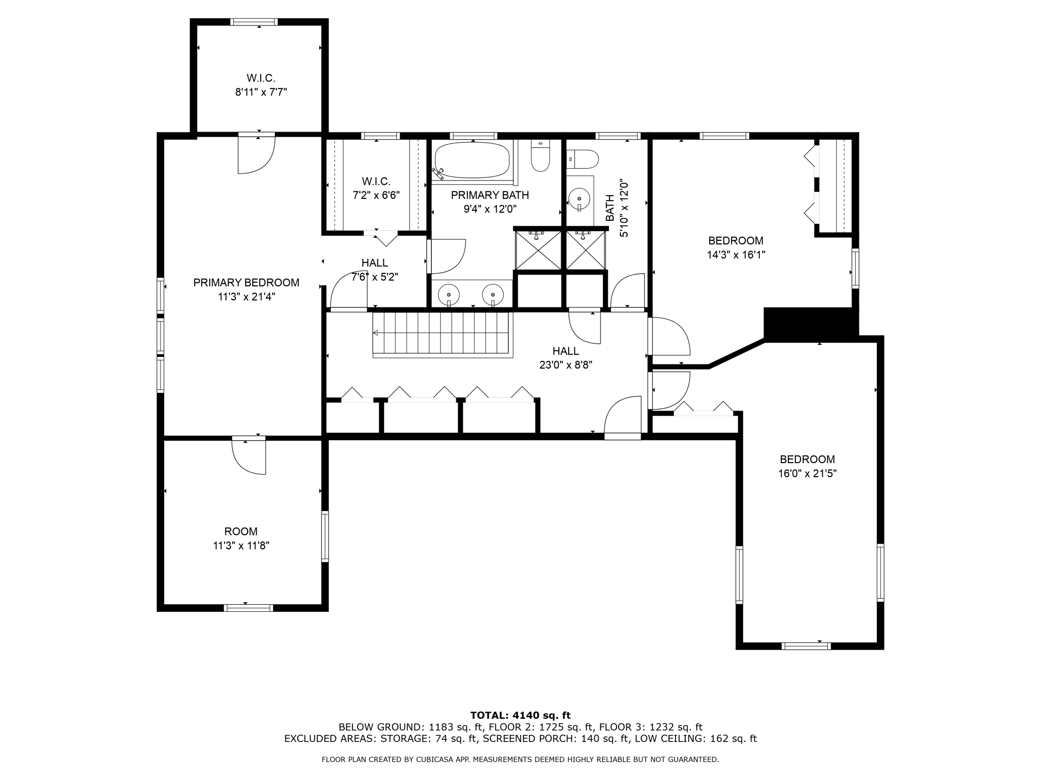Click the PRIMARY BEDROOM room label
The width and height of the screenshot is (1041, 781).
pyautogui.click(x=246, y=283)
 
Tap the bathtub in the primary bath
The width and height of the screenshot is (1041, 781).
pyautogui.click(x=472, y=160)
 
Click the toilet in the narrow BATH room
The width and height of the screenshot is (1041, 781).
pyautogui.click(x=583, y=160)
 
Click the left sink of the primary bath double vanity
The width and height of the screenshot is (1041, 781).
pyautogui.click(x=449, y=295)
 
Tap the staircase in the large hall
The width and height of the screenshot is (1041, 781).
pyautogui.click(x=442, y=334)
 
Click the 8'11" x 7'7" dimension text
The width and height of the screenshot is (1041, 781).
pyautogui.click(x=261, y=92)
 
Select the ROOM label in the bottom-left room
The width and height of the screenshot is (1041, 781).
pyautogui.click(x=241, y=531)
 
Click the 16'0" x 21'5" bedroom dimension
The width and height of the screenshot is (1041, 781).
pyautogui.click(x=807, y=473)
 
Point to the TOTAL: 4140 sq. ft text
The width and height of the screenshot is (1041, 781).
pyautogui.click(x=520, y=715)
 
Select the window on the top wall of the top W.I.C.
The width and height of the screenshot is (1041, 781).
pyautogui.click(x=254, y=22)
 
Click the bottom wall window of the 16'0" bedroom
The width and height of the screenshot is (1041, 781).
pyautogui.click(x=806, y=646)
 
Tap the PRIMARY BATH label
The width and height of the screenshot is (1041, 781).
pyautogui.click(x=489, y=195)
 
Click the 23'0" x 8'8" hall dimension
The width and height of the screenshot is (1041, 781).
pyautogui.click(x=566, y=365)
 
